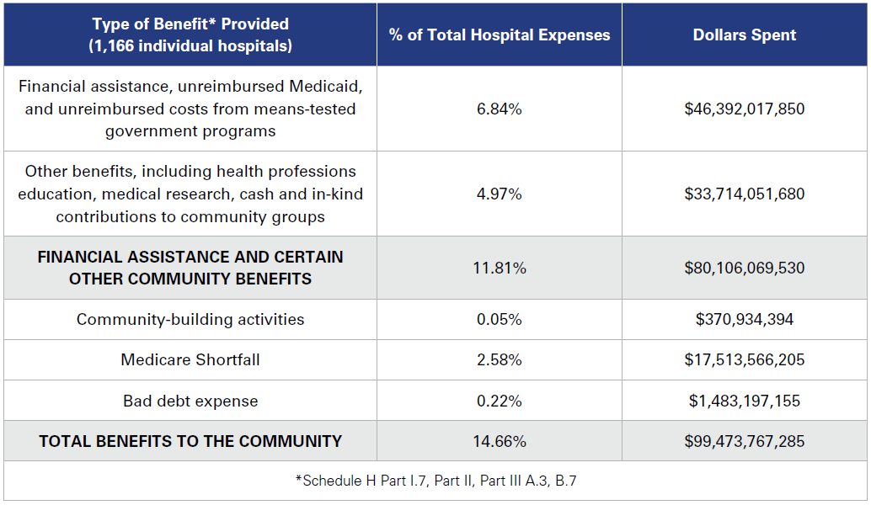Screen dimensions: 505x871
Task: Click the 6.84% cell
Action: coord(499,109)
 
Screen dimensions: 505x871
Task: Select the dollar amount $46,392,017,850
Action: coord(745,109)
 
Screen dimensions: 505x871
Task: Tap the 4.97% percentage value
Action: coord(499,194)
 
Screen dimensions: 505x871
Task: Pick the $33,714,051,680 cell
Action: coord(745,194)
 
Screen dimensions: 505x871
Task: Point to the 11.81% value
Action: coord(499,268)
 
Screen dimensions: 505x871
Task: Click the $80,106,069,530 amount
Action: coord(745,268)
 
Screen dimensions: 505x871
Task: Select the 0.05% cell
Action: coord(499,320)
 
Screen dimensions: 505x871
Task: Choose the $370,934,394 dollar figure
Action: coord(745,320)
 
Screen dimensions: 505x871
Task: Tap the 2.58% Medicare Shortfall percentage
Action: coord(499,360)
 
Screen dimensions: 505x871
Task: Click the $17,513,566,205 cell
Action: coord(745,360)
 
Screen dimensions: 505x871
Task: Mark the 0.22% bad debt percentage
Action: coord(499,401)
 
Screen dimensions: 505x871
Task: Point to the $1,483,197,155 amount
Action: coord(745,401)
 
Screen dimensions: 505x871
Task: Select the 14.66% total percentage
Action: coord(499,441)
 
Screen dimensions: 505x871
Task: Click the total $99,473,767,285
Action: coord(745,441)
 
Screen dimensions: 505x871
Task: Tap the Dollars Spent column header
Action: coord(745,35)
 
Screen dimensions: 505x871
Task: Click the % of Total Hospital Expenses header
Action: coord(499,35)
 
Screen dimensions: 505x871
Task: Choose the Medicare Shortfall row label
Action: coord(190,360)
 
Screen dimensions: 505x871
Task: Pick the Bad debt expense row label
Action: coord(190,401)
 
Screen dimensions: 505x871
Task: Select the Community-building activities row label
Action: coord(190,320)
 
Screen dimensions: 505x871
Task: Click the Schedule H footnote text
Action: coord(435,481)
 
